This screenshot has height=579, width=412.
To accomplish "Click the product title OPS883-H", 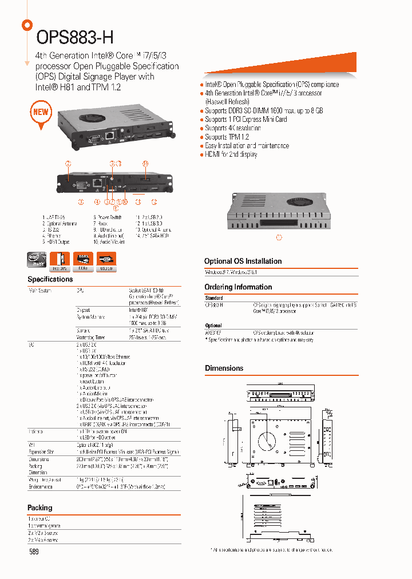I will (x=75, y=37).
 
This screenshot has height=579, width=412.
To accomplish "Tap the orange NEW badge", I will (x=41, y=112).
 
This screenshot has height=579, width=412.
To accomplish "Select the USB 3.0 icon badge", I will (x=106, y=260).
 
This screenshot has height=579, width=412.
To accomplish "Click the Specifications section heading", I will (x=50, y=279).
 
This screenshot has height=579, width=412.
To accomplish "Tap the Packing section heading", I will (x=40, y=507).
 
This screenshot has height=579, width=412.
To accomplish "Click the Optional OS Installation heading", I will (x=243, y=261).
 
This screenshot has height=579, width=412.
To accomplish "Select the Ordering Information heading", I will (x=238, y=287).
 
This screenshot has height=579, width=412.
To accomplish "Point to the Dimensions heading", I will (x=224, y=368).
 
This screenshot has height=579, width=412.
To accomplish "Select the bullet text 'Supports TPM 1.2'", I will (x=227, y=137).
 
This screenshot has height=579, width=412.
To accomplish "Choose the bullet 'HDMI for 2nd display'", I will (x=231, y=154).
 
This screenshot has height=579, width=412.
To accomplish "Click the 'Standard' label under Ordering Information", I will (x=214, y=298).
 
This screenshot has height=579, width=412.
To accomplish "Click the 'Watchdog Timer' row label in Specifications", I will (x=90, y=338).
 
